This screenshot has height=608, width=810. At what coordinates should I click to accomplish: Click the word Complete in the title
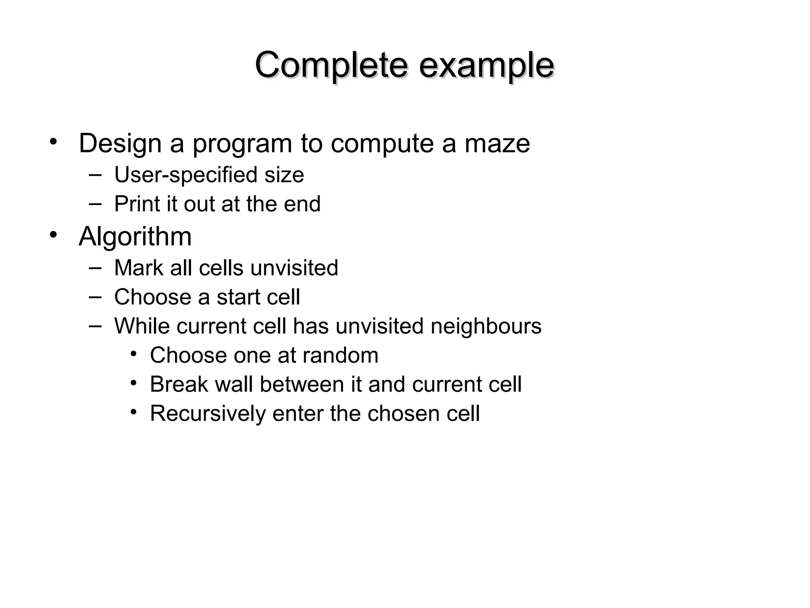[x=331, y=65]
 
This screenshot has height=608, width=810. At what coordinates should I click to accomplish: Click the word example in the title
[x=486, y=65]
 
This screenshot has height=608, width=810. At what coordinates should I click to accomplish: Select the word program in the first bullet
[x=242, y=144]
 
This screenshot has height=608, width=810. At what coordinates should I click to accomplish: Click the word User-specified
[x=186, y=175]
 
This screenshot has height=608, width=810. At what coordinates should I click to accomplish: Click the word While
[x=142, y=326]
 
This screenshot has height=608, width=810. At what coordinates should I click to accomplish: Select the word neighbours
[x=486, y=326]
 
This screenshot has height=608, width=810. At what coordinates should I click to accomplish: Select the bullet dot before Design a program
[x=53, y=141]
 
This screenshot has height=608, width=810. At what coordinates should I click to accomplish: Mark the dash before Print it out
[x=95, y=203]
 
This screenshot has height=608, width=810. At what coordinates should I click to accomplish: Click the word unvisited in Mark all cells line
[x=294, y=268]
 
